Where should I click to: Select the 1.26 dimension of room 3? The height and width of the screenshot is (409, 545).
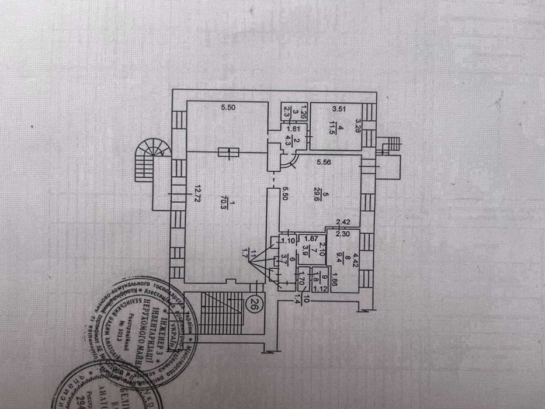(287, 107)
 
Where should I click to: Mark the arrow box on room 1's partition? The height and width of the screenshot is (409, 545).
(228, 153)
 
